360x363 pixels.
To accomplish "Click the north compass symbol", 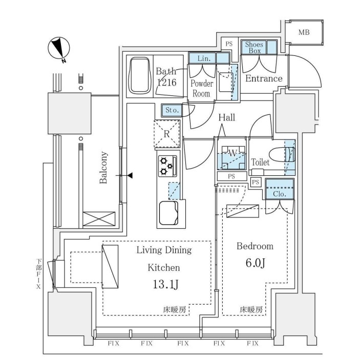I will click(58, 49).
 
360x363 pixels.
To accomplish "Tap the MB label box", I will click(304, 33).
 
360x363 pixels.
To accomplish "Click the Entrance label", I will click(264, 78).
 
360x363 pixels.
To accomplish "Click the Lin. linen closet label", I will click(202, 58).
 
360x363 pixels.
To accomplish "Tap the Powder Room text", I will click(201, 88).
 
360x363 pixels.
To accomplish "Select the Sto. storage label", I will click(172, 110).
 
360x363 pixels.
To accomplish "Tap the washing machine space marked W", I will click(231, 154).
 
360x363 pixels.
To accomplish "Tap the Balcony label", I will click(103, 168).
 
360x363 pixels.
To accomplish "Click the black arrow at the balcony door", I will click(130, 176).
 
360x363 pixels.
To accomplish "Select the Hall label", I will click(227, 117).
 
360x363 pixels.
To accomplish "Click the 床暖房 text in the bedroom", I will click(251, 310).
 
